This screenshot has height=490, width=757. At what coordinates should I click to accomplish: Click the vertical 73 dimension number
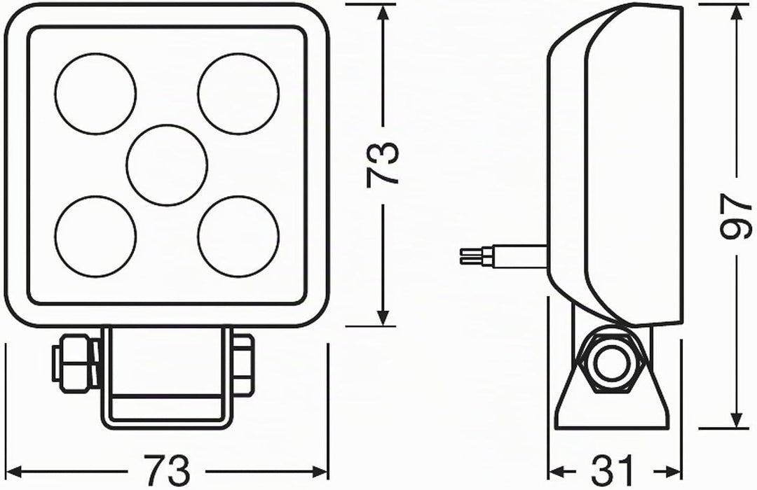click(x=383, y=164)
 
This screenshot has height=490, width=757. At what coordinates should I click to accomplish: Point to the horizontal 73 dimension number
click(x=167, y=470)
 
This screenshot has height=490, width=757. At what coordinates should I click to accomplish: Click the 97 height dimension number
click(x=736, y=216)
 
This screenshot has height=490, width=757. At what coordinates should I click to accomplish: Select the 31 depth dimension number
click(x=612, y=470)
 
